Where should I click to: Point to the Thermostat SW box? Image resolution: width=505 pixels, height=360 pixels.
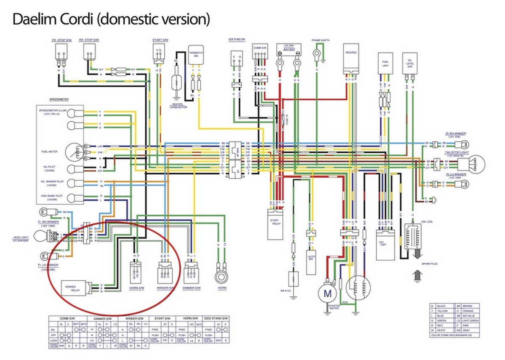[x=195, y=55]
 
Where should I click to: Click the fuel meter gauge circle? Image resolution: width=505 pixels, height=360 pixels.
[x=76, y=152]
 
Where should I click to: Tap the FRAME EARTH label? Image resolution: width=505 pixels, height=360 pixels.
[x=320, y=40]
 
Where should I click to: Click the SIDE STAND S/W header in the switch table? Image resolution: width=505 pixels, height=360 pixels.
[x=217, y=318]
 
